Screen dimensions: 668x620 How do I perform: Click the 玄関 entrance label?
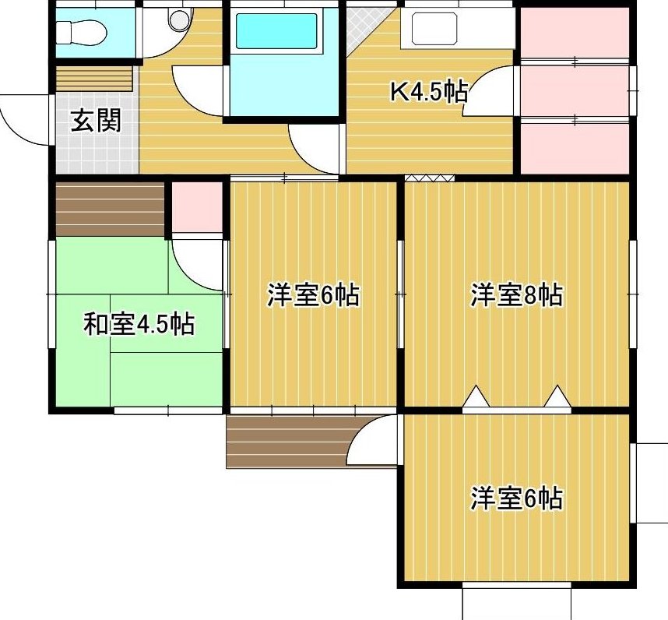tap(96, 121)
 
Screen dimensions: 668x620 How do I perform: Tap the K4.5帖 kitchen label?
tap(429, 91)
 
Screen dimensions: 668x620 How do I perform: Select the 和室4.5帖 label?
tap(139, 325)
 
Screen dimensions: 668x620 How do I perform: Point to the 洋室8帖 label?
tap(516, 294)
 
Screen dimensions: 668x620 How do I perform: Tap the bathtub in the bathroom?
tap(276, 31)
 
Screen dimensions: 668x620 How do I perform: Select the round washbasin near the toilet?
tap(178, 19)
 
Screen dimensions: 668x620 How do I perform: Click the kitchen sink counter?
tap(459, 28)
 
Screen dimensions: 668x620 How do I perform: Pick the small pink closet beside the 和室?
tap(197, 207)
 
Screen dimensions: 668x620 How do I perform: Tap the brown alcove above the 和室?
tap(111, 210)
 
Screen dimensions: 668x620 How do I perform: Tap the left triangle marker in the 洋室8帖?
tap(476, 397)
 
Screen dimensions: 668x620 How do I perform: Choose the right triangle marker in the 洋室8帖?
tap(557, 397)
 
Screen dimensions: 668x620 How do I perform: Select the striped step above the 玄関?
tap(94, 79)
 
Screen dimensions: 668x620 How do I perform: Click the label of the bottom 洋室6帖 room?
tap(516, 498)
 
